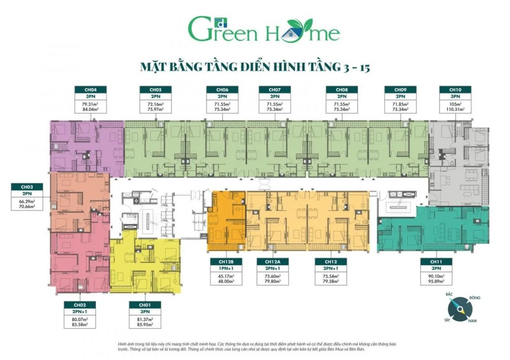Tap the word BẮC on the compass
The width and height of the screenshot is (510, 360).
click(x=448, y=295)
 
